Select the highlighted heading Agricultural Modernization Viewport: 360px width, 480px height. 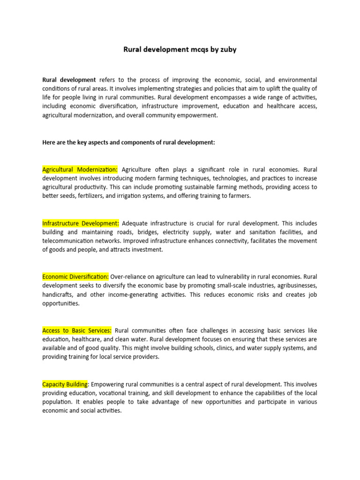coord(80,169)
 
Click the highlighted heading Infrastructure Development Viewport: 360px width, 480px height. coord(81,223)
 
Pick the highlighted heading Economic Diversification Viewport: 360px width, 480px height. coord(75,277)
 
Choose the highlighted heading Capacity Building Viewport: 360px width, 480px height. coord(65,384)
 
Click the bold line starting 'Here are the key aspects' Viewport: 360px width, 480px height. coord(128,142)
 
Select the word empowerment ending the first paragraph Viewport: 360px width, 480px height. coord(196,115)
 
